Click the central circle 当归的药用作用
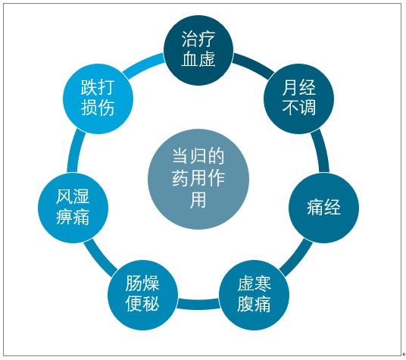[x=198, y=179]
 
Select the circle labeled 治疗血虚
[x=198, y=50]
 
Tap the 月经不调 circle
[x=298, y=99]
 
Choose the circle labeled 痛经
[x=323, y=208]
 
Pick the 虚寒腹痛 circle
[x=254, y=295]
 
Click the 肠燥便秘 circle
[x=142, y=295]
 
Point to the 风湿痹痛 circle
[x=73, y=208]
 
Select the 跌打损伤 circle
[x=98, y=99]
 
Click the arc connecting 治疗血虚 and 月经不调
[x=255, y=64]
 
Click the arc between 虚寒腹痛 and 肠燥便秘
[x=198, y=305]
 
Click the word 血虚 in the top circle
[x=198, y=59]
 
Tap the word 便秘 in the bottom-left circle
[x=142, y=304]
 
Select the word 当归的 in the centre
[x=198, y=156]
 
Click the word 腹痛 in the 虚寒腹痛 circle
[x=254, y=305]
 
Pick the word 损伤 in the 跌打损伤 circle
[x=98, y=108]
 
